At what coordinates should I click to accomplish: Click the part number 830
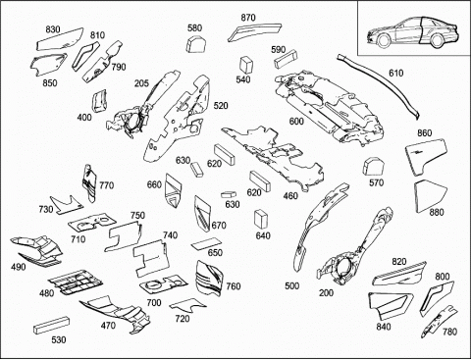53,29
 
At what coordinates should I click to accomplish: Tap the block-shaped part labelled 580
196,44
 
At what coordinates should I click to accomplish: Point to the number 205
141,83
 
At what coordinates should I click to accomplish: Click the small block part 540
246,65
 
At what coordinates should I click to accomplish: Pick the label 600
296,122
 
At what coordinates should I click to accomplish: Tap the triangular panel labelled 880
429,195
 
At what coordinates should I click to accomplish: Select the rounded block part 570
374,167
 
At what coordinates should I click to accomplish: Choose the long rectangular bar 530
52,325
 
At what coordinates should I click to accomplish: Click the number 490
18,267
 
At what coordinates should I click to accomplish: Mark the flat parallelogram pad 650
207,244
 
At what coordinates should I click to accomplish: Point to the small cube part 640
261,219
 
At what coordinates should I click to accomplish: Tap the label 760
234,286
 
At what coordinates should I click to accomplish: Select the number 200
326,293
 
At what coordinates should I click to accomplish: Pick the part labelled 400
100,101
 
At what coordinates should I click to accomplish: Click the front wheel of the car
384,40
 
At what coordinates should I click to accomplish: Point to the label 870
248,18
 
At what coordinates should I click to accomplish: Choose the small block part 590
287,59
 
